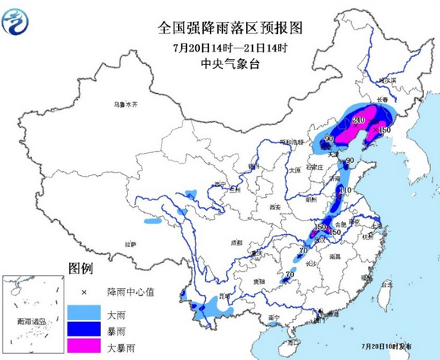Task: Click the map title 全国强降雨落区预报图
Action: (220, 29)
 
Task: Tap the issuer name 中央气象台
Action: (220, 65)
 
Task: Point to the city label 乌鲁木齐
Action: (126, 104)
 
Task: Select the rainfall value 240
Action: (359, 120)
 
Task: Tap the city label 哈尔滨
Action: (387, 80)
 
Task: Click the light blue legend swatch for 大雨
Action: (83, 311)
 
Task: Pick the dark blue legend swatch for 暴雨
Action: (83, 329)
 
